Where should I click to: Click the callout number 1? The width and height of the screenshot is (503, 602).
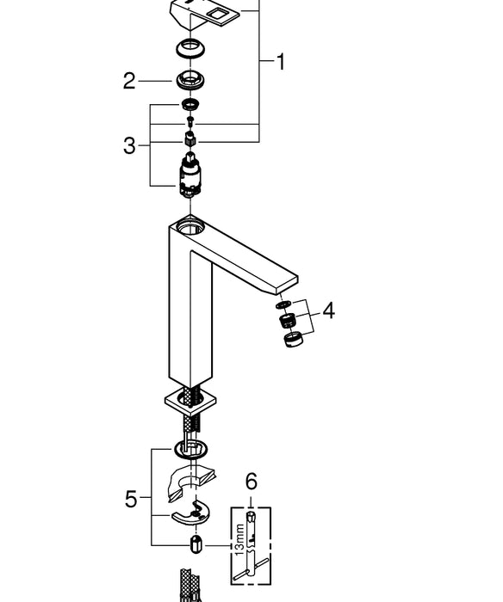pyautogui.click(x=280, y=62)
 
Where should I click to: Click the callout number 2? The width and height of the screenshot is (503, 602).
pyautogui.click(x=129, y=82)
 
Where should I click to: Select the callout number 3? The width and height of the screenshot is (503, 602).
pyautogui.click(x=129, y=146)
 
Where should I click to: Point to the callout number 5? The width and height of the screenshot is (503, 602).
pyautogui.click(x=131, y=499)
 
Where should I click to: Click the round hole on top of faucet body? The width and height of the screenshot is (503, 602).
pyautogui.click(x=188, y=228)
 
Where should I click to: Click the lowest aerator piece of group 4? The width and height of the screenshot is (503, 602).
pyautogui.click(x=293, y=340)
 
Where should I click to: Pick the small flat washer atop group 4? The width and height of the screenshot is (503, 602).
pyautogui.click(x=283, y=304)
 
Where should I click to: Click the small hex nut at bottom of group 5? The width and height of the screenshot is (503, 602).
pyautogui.click(x=196, y=544)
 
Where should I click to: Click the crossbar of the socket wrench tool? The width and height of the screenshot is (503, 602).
pyautogui.click(x=255, y=562)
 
